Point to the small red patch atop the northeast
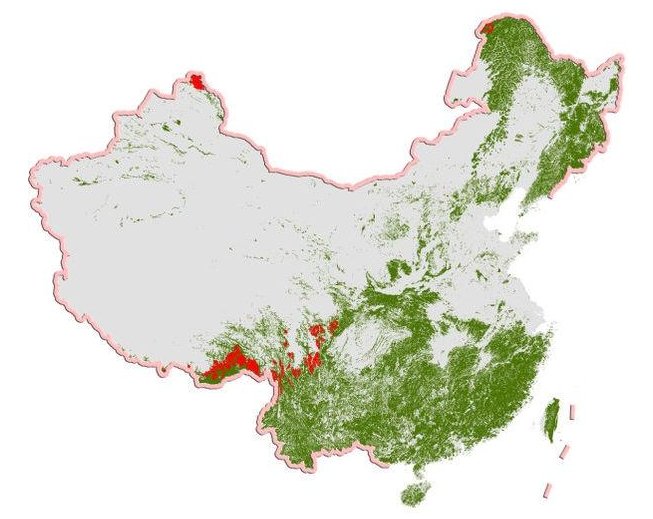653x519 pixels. [488, 28]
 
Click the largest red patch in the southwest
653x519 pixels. [231, 362]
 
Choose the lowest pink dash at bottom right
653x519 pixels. [547, 489]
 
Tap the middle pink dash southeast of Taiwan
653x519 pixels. [565, 450]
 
